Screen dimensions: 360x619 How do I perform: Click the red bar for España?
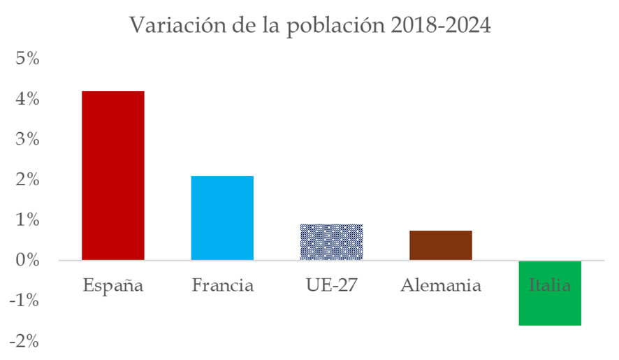tap(113, 175)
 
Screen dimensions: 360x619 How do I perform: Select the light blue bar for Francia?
tap(222, 218)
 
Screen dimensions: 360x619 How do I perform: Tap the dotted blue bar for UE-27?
tap(331, 242)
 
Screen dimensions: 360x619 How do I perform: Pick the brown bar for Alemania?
tap(441, 245)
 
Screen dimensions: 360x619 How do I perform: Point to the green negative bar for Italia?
tap(550, 308)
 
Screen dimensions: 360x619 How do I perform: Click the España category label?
tap(113, 285)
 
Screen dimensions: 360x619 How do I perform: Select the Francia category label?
tap(222, 285)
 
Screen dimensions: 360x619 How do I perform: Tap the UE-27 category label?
tap(331, 285)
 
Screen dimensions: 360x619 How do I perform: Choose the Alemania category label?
tap(441, 285)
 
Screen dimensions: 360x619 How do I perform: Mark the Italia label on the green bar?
tap(550, 285)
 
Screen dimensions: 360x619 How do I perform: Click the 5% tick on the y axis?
tap(27, 59)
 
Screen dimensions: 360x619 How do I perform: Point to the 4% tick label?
tap(27, 99)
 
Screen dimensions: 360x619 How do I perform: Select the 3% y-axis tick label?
tap(27, 139)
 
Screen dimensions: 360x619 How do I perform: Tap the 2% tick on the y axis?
tap(27, 180)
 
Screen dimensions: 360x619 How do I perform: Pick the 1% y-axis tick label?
tap(27, 220)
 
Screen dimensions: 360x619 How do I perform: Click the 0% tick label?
tap(27, 260)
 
